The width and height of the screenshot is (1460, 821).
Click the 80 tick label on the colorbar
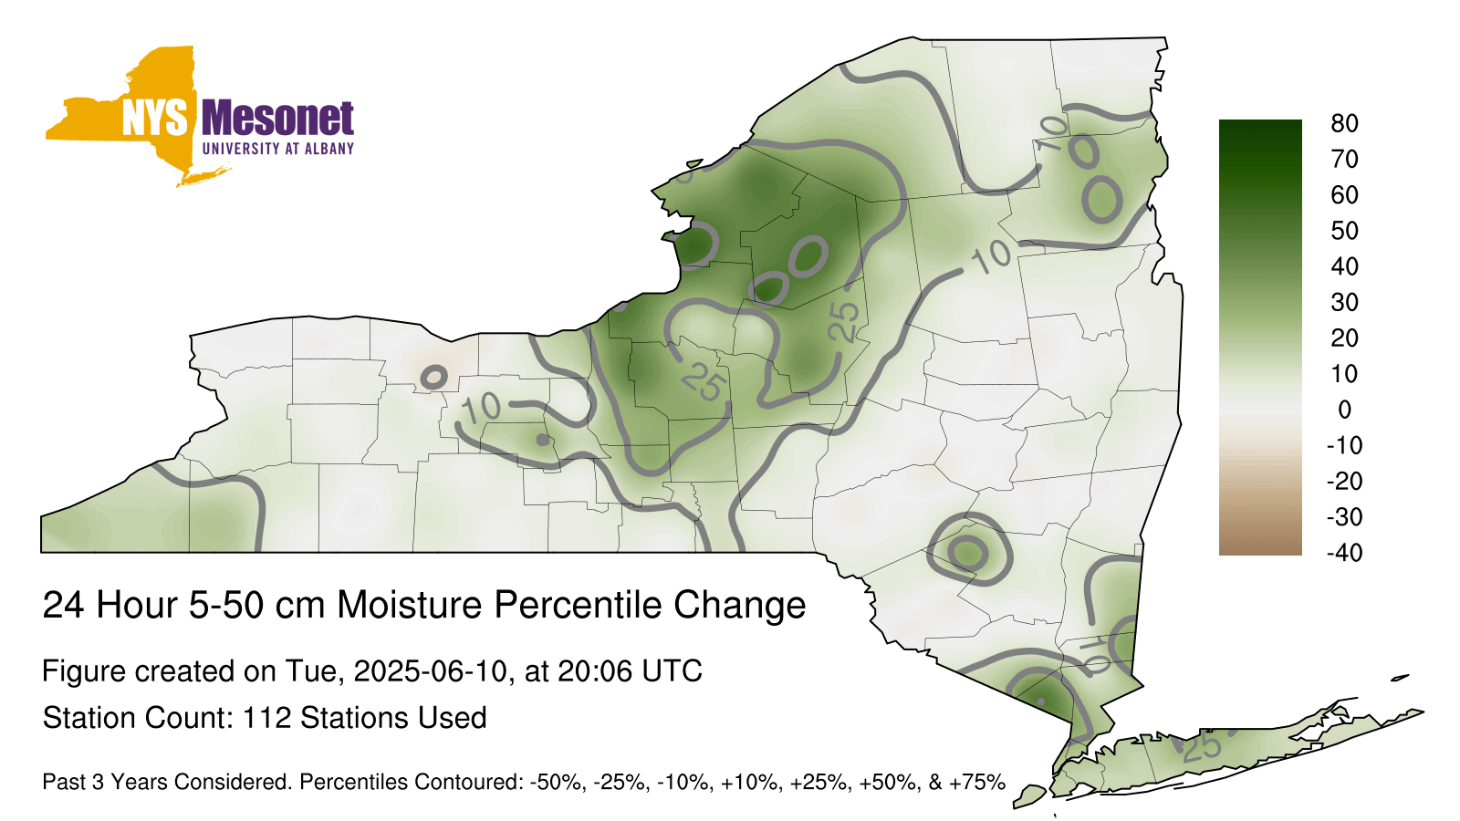pyautogui.click(x=1344, y=123)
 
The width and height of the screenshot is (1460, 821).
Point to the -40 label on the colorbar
pyautogui.click(x=1344, y=553)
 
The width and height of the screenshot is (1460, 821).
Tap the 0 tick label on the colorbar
pyautogui.click(x=1344, y=410)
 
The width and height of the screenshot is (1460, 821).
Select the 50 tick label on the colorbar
pyautogui.click(x=1344, y=231)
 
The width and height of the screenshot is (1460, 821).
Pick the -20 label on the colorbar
pyautogui.click(x=1344, y=482)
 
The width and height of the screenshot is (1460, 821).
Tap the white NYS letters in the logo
pyautogui.click(x=154, y=118)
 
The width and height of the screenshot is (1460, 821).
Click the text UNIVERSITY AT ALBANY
pyautogui.click(x=278, y=149)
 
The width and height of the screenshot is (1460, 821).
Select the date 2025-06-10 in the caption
pyautogui.click(x=430, y=670)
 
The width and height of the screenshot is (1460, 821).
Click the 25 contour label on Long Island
pyautogui.click(x=1201, y=747)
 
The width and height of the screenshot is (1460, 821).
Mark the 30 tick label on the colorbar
pyautogui.click(x=1344, y=302)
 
